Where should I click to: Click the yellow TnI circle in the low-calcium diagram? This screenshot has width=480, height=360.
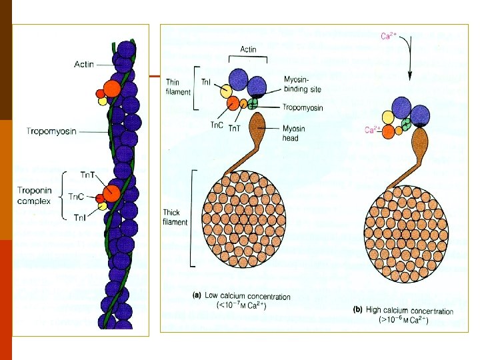pos(227,92)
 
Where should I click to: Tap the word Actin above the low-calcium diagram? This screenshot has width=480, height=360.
pos(247,49)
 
